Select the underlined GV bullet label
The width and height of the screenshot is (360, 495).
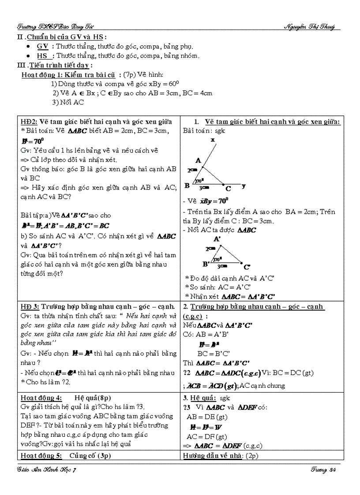[43, 46]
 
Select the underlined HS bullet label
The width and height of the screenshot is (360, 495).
[42, 56]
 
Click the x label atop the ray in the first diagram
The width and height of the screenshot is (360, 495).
[213, 140]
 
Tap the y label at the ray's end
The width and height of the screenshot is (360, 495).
[244, 186]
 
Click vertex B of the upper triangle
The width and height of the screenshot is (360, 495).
[187, 186]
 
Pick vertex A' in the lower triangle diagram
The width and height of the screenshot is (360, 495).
[217, 239]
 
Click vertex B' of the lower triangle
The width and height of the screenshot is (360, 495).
[206, 264]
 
